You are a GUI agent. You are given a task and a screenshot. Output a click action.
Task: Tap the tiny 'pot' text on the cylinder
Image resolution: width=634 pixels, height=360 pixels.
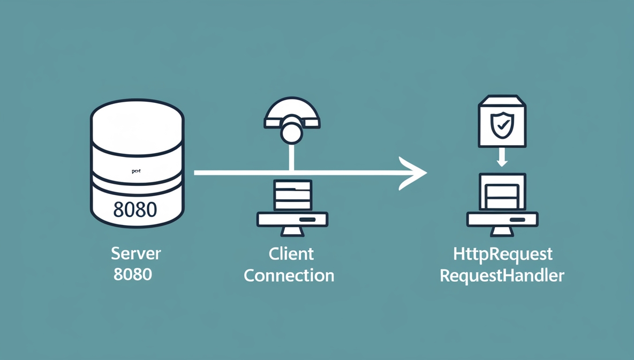click(136, 171)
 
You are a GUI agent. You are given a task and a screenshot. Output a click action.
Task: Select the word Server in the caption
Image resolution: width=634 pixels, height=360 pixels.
click(135, 253)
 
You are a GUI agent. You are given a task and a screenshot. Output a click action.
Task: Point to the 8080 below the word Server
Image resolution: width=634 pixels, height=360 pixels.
click(133, 274)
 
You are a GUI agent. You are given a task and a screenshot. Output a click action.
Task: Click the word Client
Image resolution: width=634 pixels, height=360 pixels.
click(291, 253)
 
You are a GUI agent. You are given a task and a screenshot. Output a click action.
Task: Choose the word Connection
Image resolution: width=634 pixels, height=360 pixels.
click(289, 275)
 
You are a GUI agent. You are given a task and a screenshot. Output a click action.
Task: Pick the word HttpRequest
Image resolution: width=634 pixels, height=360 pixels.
click(502, 253)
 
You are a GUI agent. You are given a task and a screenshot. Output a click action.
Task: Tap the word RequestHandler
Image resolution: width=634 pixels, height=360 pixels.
click(502, 276)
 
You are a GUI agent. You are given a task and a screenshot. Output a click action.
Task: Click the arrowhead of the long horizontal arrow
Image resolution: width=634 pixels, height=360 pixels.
click(415, 173)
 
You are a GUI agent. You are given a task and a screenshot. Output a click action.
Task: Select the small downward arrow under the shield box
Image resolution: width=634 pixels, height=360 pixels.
click(502, 157)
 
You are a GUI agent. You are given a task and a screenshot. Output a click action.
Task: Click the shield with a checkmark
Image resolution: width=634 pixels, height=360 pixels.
click(502, 125)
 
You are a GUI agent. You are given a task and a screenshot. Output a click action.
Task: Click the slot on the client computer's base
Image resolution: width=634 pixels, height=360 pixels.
click(307, 220)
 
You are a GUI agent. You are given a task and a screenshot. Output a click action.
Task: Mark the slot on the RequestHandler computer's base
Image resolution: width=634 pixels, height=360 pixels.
click(517, 220)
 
